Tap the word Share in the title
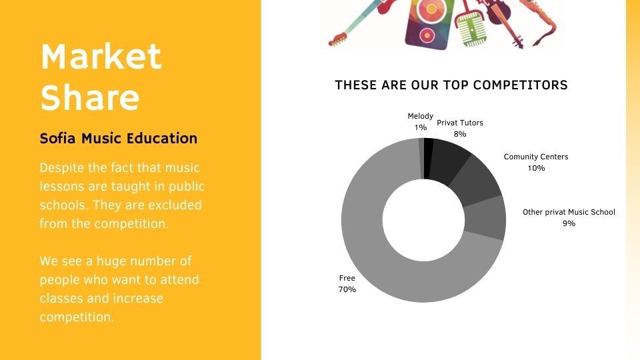point(90,97)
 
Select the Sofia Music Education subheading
point(119,139)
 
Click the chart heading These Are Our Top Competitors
point(451,85)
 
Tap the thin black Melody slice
point(429,159)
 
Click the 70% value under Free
point(347,289)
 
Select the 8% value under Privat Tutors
point(460,134)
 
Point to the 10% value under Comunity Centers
point(536,168)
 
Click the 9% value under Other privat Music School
point(569,223)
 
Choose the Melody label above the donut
point(421,116)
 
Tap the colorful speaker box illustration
point(429,23)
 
